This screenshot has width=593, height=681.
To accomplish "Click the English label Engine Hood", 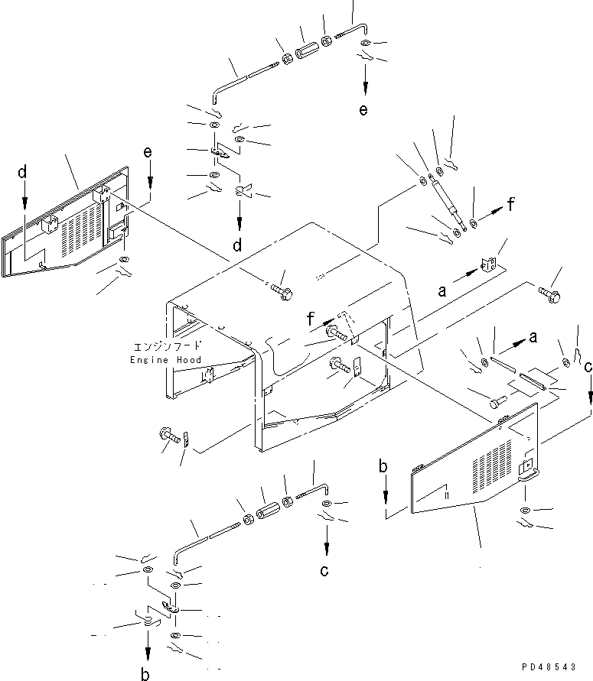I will [166, 360].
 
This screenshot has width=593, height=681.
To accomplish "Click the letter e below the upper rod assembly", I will [363, 109].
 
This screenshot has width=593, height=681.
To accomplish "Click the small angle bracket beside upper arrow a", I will [489, 263].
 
